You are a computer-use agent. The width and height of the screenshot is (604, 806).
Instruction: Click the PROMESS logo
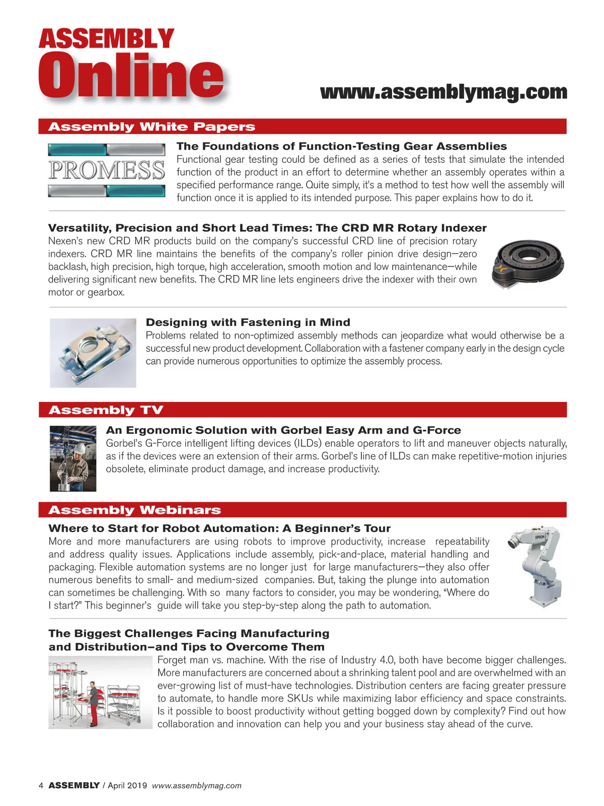click(x=107, y=170)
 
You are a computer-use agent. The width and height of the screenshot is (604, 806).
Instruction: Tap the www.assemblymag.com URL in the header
click(x=443, y=92)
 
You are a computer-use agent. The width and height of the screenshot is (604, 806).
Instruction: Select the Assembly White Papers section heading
click(x=152, y=126)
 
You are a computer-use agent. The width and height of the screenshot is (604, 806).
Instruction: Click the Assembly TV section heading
click(x=106, y=410)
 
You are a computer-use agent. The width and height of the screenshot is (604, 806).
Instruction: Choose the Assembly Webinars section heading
click(x=134, y=510)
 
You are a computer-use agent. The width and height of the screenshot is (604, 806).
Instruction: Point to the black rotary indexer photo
click(x=527, y=263)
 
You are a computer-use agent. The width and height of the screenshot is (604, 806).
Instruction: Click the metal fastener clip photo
click(x=93, y=353)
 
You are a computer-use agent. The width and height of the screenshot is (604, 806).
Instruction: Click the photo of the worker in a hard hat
click(x=73, y=458)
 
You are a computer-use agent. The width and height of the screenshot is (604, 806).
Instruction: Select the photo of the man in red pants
click(x=100, y=693)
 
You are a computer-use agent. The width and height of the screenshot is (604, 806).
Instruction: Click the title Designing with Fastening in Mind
click(x=248, y=322)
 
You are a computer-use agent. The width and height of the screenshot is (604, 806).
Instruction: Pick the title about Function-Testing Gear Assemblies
click(x=341, y=146)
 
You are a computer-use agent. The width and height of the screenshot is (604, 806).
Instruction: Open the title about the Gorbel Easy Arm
click(x=283, y=430)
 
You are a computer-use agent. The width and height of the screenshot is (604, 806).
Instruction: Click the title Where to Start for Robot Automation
click(x=219, y=528)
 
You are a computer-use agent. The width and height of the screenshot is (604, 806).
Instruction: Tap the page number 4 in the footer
click(x=41, y=785)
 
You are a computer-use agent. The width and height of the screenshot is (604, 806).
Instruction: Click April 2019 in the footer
click(x=127, y=785)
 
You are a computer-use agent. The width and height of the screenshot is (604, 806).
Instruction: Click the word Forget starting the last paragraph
click(x=174, y=660)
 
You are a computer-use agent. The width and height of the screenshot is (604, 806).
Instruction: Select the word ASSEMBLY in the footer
click(x=74, y=785)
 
